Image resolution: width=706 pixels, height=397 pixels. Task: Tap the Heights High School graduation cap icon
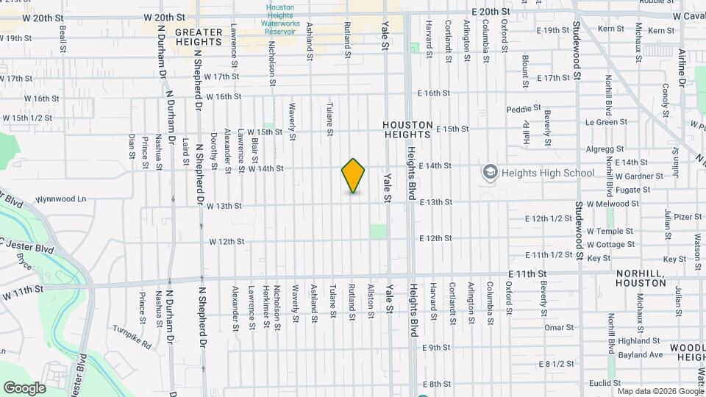[x=490, y=173]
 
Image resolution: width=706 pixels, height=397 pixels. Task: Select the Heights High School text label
[x=548, y=174]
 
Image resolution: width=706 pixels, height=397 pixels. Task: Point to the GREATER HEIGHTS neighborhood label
[x=199, y=37]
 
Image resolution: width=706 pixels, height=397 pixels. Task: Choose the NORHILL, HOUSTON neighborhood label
[x=640, y=277]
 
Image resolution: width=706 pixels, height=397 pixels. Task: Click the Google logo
[x=24, y=388]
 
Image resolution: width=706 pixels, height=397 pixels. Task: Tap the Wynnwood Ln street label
[x=61, y=198]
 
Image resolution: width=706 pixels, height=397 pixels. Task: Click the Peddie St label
[x=523, y=110]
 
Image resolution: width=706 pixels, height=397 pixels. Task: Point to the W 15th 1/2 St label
[x=26, y=118]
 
